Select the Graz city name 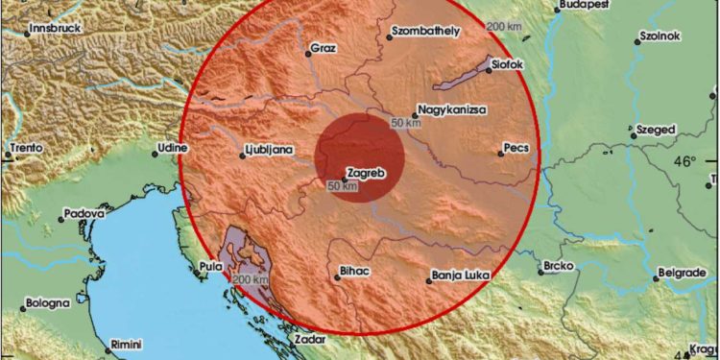pos(323,48)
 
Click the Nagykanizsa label pos(454,110)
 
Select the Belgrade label pos(685,275)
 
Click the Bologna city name pos(47,302)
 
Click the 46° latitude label pos(684,162)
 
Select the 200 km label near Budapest pos(505,26)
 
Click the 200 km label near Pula pos(251,279)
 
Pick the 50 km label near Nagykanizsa pos(406,124)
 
